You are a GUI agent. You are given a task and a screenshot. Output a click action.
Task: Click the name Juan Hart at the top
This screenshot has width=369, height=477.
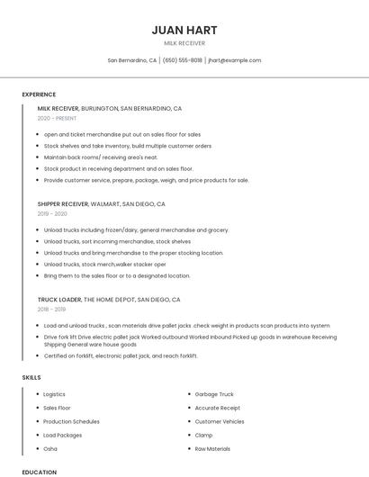click(184, 30)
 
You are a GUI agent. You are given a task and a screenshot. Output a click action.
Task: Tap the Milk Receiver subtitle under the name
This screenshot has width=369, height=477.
click(184, 43)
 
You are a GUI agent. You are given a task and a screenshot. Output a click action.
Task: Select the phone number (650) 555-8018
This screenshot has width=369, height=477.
click(182, 60)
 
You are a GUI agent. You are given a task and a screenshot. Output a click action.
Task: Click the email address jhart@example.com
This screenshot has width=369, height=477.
click(234, 60)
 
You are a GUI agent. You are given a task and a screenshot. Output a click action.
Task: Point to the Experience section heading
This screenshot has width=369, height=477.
click(39, 94)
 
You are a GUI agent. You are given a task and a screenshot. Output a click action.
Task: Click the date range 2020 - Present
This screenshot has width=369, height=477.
click(57, 118)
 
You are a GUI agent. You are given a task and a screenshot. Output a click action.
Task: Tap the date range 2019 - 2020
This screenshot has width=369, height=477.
click(52, 213)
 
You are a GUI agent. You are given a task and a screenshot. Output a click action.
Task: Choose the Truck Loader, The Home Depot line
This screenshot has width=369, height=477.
click(109, 300)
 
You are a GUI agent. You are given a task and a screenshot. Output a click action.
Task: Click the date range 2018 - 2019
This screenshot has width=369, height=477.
click(52, 309)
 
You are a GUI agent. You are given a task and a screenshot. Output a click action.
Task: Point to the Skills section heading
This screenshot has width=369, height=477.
click(31, 377)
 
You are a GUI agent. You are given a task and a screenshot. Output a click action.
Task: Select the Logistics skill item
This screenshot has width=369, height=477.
click(54, 394)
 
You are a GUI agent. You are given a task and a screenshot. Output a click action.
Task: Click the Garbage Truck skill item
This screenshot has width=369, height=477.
click(214, 394)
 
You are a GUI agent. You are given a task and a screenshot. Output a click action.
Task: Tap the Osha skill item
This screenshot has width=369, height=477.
click(50, 448)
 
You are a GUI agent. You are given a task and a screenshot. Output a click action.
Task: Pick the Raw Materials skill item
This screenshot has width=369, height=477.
click(212, 448)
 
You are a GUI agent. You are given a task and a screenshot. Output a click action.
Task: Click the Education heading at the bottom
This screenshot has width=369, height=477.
click(39, 472)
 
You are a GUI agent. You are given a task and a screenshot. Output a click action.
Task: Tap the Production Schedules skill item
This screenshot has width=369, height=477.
click(71, 421)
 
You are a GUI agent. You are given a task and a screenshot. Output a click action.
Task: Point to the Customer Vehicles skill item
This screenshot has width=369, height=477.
click(220, 421)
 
